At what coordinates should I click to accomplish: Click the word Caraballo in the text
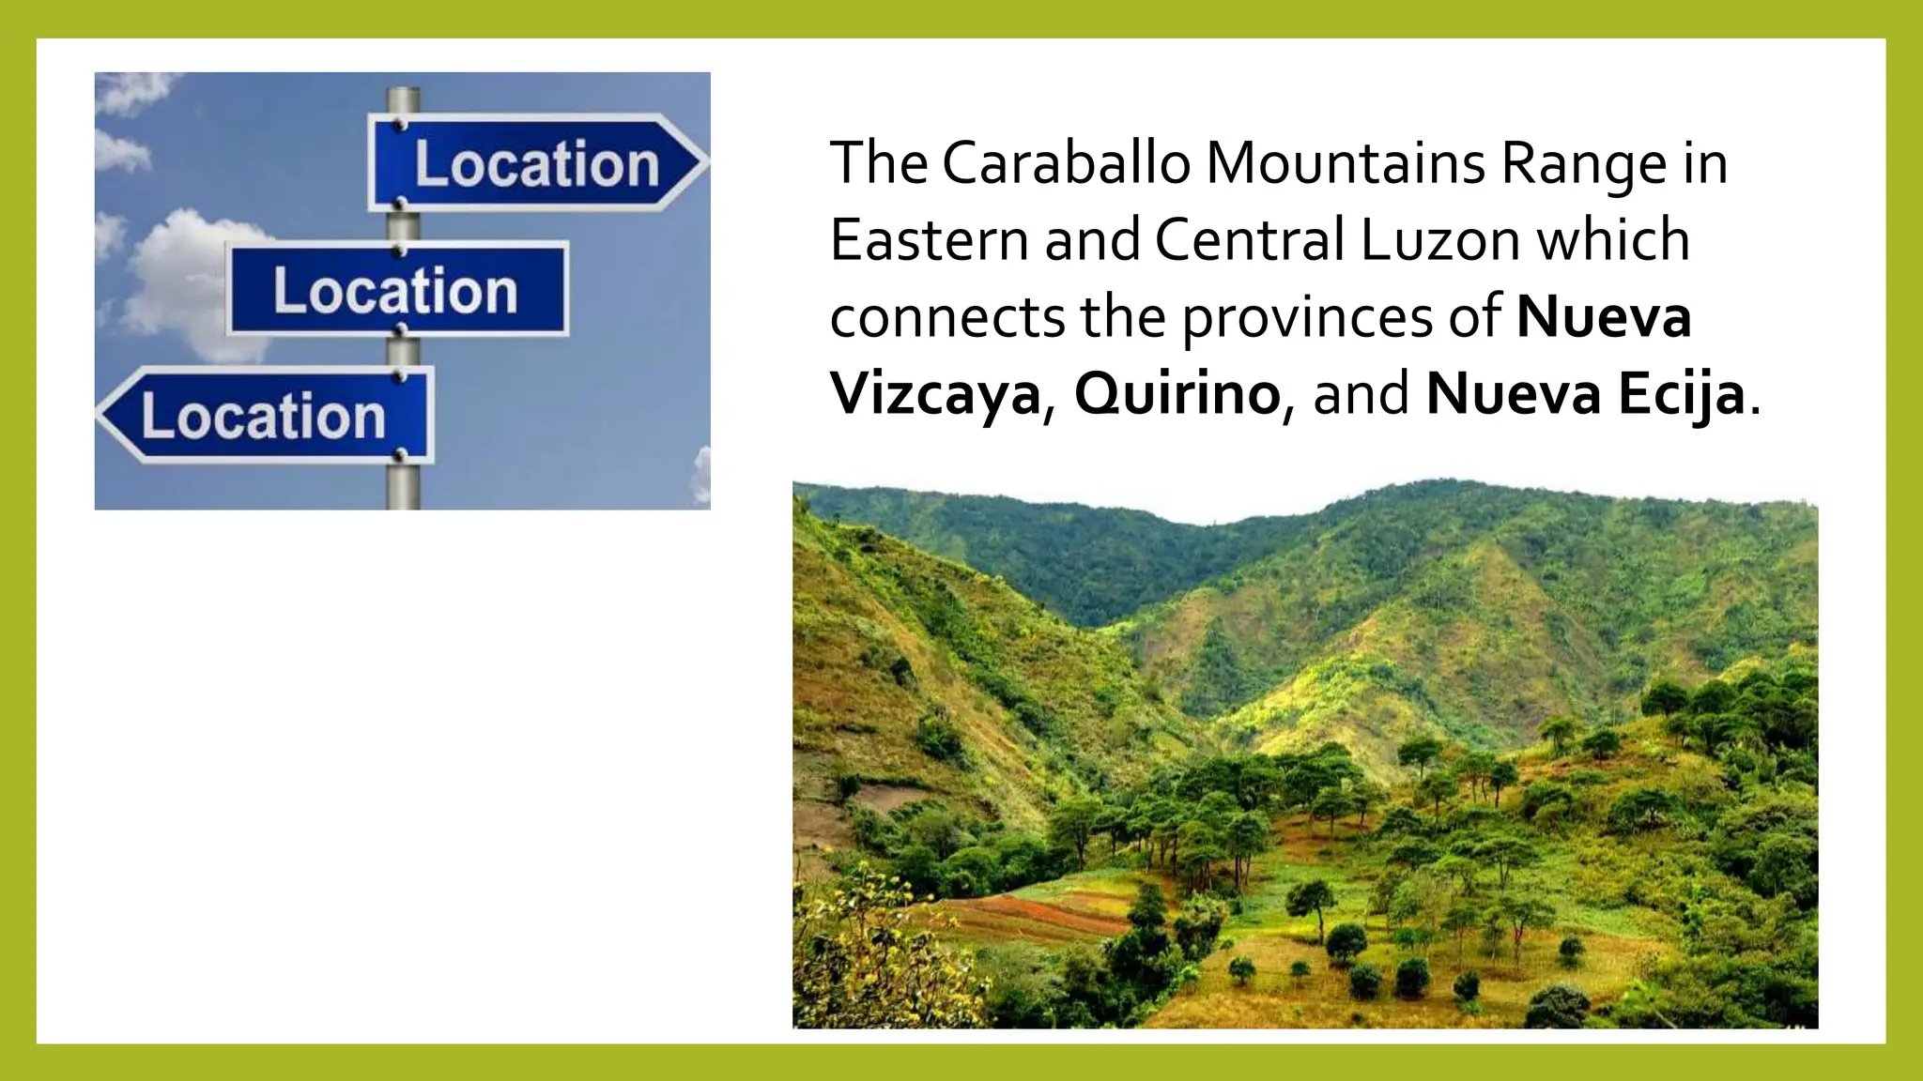tap(1066, 162)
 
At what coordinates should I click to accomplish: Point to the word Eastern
tap(930, 239)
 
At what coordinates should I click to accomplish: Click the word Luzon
tap(1439, 239)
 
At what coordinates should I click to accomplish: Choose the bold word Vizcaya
tap(935, 395)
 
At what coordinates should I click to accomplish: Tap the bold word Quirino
tap(1177, 395)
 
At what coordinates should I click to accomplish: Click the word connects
tap(946, 317)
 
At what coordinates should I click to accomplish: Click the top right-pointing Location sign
tap(535, 163)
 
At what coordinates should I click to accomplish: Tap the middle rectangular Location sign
tap(397, 290)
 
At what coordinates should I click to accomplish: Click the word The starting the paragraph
tap(878, 162)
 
